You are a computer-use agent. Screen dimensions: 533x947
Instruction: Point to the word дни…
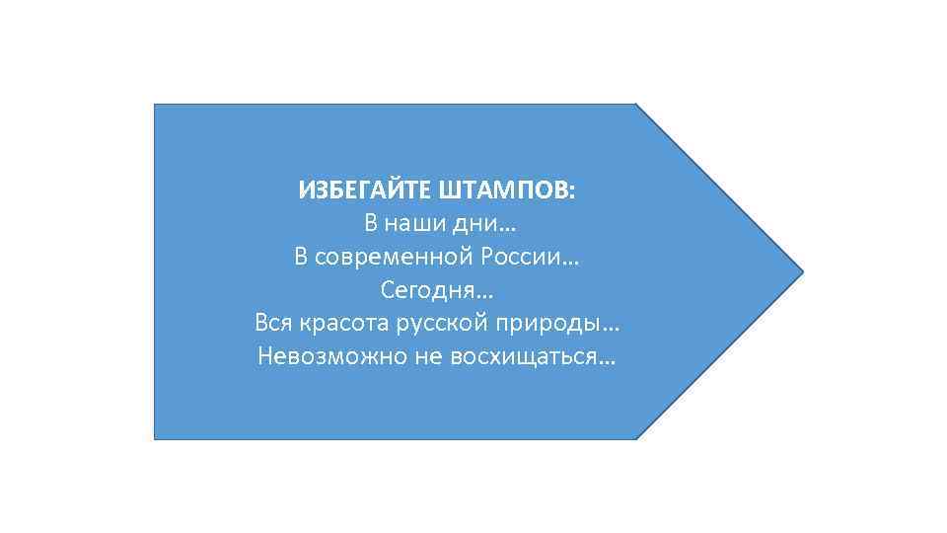484,224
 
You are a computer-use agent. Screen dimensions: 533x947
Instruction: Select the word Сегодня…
436,291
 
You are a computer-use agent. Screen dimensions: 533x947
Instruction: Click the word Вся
271,324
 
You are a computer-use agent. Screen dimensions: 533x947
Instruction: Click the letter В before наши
372,224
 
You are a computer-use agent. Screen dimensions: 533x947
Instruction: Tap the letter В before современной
301,258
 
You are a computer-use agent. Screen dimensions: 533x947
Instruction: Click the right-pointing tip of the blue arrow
803,270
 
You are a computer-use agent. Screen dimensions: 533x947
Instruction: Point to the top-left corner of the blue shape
155,105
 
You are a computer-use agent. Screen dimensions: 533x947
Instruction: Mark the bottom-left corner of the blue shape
155,438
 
